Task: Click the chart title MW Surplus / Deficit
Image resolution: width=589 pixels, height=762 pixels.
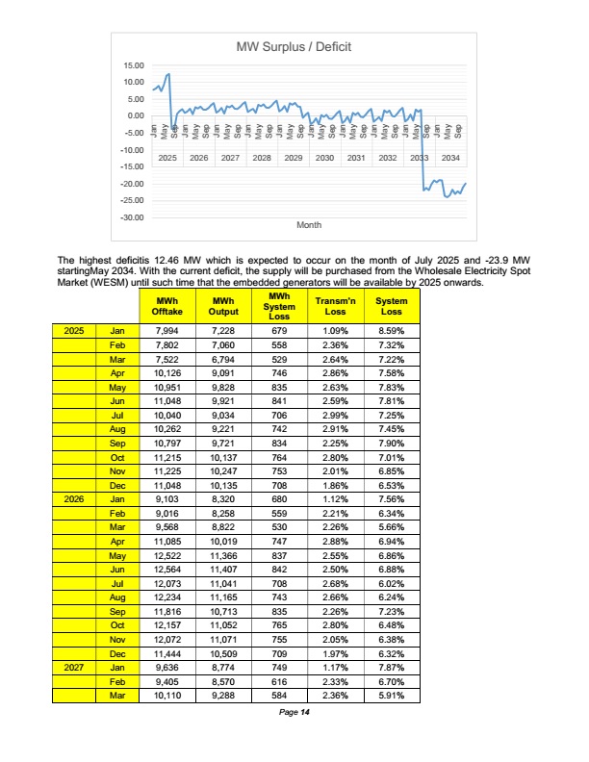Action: (x=293, y=46)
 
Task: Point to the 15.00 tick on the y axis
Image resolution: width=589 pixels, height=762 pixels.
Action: (x=133, y=65)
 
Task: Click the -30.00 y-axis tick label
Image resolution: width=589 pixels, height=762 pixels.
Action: (x=131, y=217)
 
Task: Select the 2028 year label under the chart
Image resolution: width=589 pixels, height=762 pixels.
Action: (x=262, y=157)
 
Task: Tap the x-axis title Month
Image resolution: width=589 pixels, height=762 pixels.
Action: (x=309, y=224)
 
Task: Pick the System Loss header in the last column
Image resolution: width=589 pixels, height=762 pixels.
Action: (x=392, y=307)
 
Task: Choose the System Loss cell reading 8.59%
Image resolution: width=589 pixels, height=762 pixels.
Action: (x=392, y=330)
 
